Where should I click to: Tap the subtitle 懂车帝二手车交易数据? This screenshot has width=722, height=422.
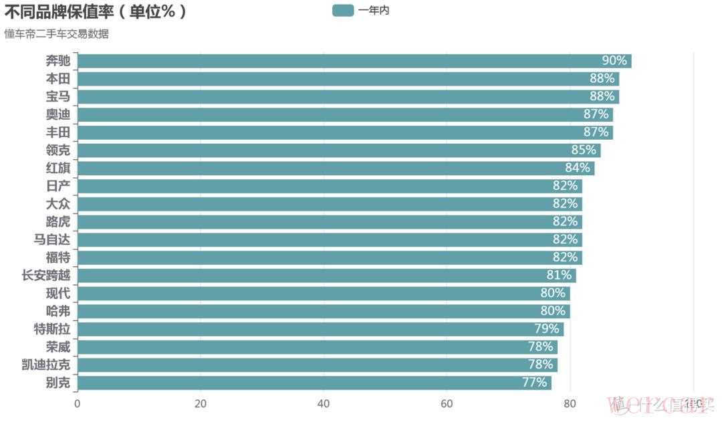(x=56, y=34)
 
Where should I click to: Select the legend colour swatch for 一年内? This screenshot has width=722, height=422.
(x=343, y=10)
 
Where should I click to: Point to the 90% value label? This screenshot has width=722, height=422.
(x=614, y=61)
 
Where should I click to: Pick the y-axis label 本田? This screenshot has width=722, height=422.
(x=58, y=79)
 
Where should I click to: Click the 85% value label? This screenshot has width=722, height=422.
(x=583, y=150)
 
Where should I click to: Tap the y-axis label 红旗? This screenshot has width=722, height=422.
(x=58, y=168)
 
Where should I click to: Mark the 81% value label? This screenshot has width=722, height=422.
(x=559, y=276)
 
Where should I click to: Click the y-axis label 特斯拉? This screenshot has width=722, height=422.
(x=52, y=329)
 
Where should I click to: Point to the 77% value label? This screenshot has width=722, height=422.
(x=534, y=383)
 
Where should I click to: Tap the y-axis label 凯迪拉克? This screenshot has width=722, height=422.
(x=46, y=365)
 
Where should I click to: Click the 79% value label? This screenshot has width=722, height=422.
(x=546, y=329)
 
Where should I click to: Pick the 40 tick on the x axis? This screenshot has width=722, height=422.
(x=324, y=403)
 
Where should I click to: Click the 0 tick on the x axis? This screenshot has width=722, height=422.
(x=78, y=403)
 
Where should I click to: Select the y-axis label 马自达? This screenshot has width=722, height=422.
(x=52, y=239)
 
